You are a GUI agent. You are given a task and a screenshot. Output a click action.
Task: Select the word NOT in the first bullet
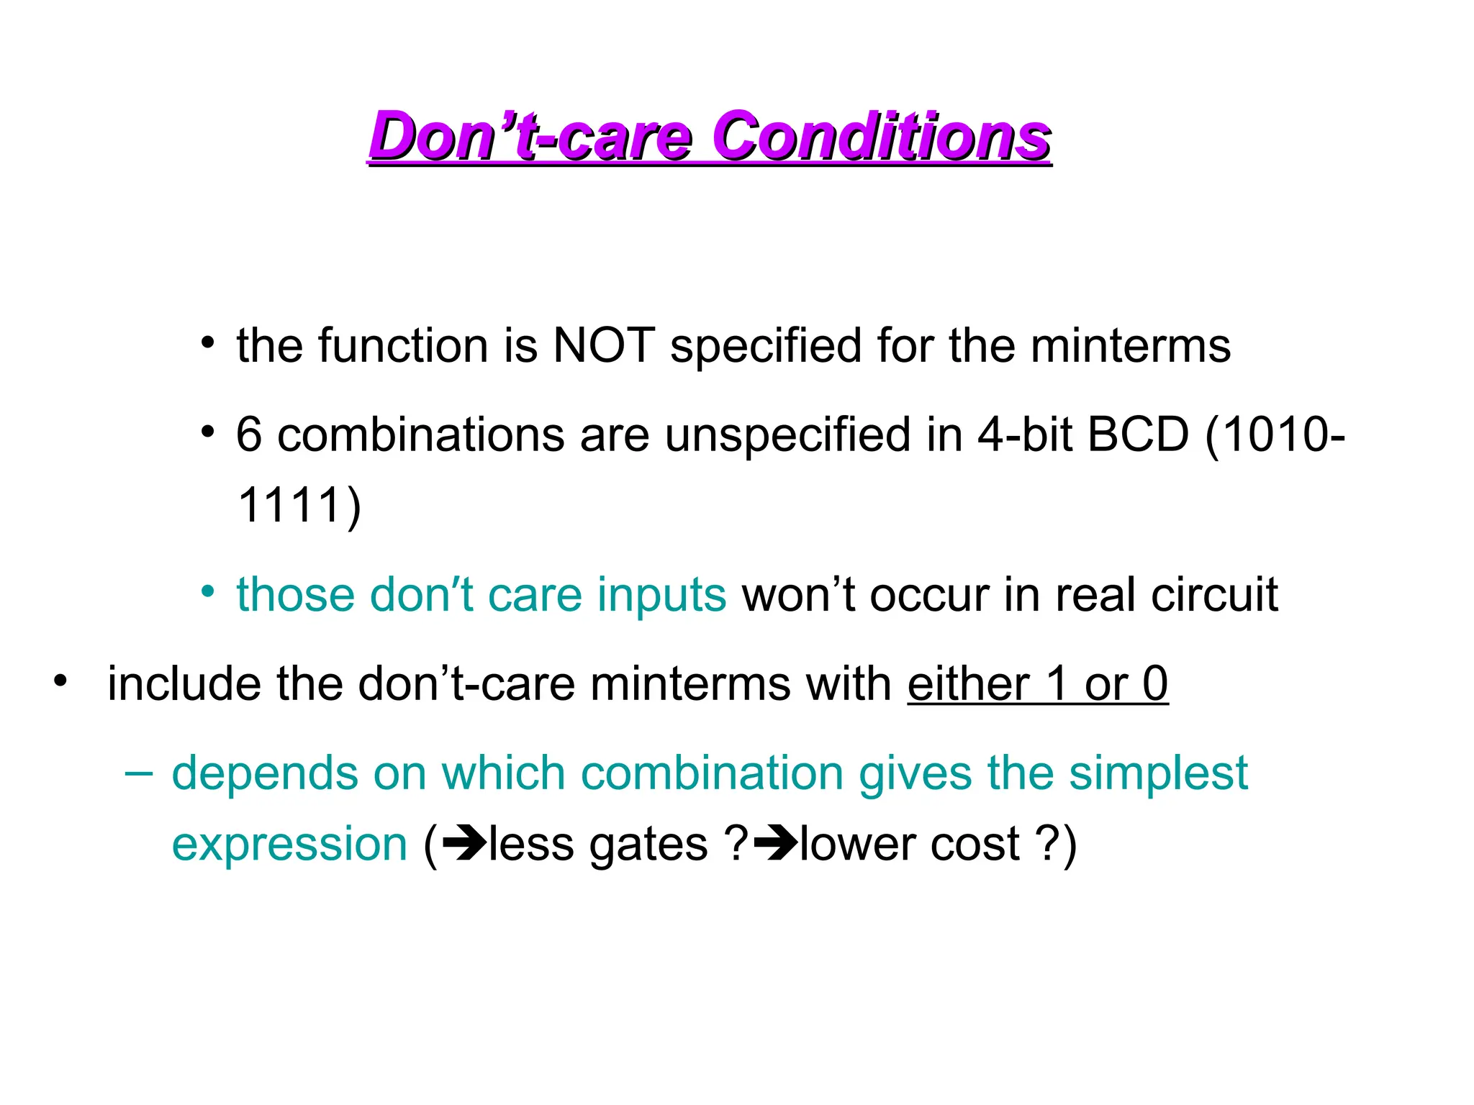(603, 346)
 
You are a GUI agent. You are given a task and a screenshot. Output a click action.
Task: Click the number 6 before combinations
(249, 435)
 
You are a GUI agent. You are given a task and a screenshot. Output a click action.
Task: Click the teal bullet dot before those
(208, 592)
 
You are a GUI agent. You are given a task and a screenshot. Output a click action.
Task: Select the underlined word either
(968, 684)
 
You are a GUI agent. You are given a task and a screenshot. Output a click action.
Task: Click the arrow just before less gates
(464, 844)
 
